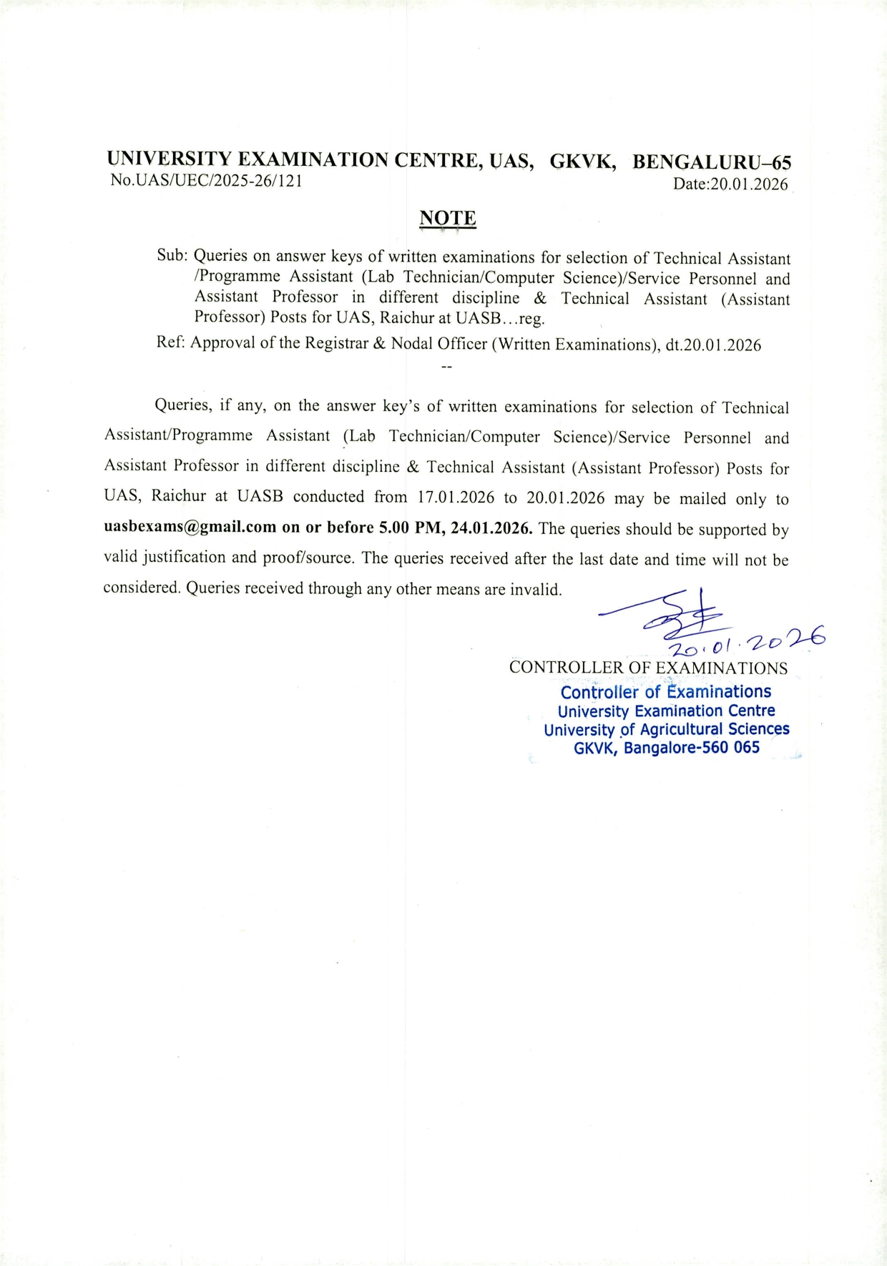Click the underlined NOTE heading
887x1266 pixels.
(x=447, y=218)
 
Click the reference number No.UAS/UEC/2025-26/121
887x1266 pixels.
(x=206, y=181)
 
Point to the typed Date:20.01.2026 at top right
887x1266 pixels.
(x=730, y=184)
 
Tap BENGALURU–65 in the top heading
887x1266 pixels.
(x=711, y=162)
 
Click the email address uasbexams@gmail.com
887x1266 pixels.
(x=190, y=528)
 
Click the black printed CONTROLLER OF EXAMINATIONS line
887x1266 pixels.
(x=648, y=668)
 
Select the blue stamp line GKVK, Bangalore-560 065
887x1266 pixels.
(x=666, y=748)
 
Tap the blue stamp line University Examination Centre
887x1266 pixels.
(x=666, y=711)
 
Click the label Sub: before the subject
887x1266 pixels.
(x=172, y=256)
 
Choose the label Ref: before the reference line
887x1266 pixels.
(x=170, y=342)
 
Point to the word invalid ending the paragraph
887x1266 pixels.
(x=536, y=590)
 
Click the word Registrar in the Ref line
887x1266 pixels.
(x=337, y=344)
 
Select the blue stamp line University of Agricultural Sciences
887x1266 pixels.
(x=666, y=730)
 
